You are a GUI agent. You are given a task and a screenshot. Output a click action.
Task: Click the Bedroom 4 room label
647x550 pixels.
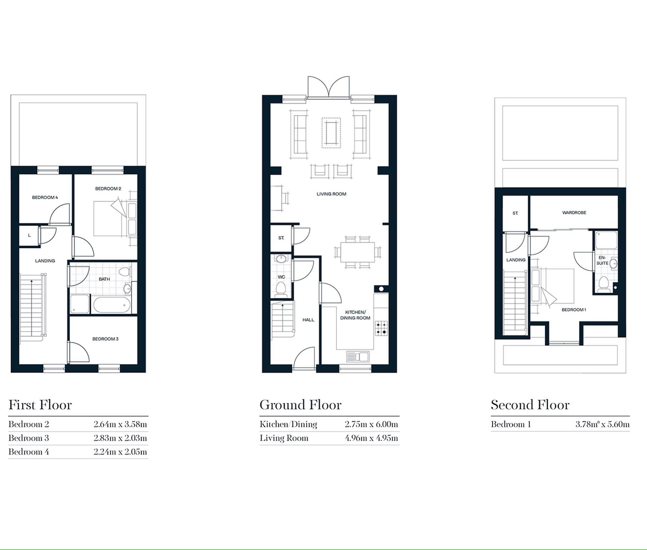(45, 197)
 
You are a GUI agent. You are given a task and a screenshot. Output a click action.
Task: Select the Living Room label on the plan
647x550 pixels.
(332, 194)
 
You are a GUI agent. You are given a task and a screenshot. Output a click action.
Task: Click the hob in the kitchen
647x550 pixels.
(381, 328)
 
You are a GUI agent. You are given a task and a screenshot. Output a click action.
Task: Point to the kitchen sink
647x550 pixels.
(358, 357)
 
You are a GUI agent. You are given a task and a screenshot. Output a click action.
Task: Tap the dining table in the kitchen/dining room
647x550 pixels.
(358, 252)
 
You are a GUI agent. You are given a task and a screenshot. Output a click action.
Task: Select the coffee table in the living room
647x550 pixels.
(331, 133)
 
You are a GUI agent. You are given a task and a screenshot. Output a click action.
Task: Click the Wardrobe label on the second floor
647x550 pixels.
(574, 213)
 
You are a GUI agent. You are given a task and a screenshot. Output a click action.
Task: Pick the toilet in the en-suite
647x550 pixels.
(604, 284)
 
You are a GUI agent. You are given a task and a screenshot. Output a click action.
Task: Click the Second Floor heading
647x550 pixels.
(530, 405)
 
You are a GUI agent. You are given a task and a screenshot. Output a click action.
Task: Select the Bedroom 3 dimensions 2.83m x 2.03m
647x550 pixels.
(120, 438)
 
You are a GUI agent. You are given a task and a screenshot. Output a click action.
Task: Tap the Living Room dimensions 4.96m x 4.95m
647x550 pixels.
(371, 438)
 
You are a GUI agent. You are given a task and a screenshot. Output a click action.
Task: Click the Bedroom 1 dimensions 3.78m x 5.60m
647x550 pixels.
(602, 424)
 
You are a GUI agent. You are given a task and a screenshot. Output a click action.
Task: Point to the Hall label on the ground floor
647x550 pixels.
(308, 320)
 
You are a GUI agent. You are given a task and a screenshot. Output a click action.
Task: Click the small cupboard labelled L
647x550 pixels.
(29, 236)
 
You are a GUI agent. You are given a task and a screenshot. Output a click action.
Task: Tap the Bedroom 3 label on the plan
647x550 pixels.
(105, 339)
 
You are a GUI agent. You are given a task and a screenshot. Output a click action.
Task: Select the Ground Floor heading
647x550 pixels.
(300, 405)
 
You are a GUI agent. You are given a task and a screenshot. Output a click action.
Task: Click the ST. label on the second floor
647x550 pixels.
(515, 213)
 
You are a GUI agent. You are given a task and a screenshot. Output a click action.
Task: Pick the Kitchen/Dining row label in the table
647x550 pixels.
(288, 424)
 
